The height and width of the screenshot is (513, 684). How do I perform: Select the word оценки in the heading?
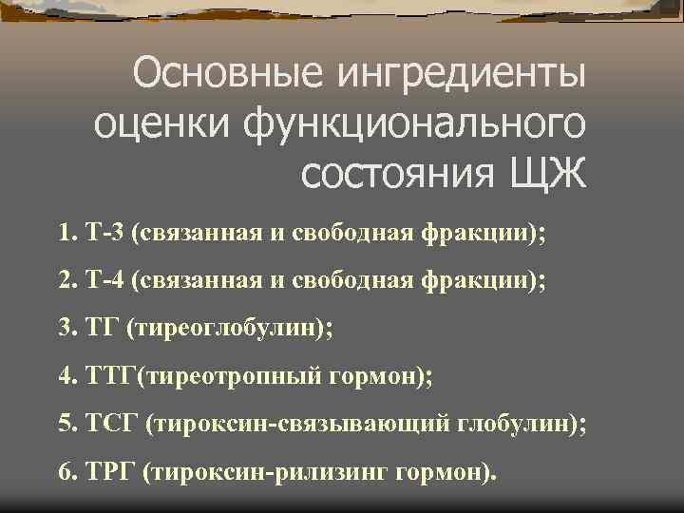pos(153,124)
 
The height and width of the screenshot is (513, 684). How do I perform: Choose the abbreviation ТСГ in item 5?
pos(112,424)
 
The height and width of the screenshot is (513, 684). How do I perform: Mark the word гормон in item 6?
pos(444,472)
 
